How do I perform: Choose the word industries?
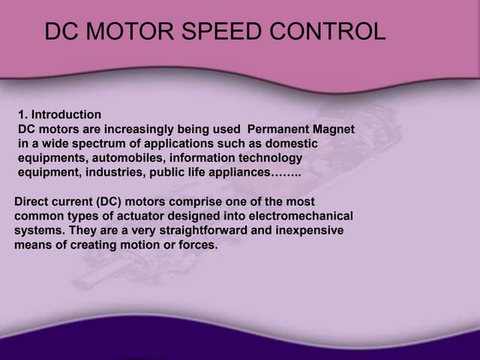pyautogui.click(x=101, y=172)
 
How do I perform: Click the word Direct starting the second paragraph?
pyautogui.click(x=32, y=202)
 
